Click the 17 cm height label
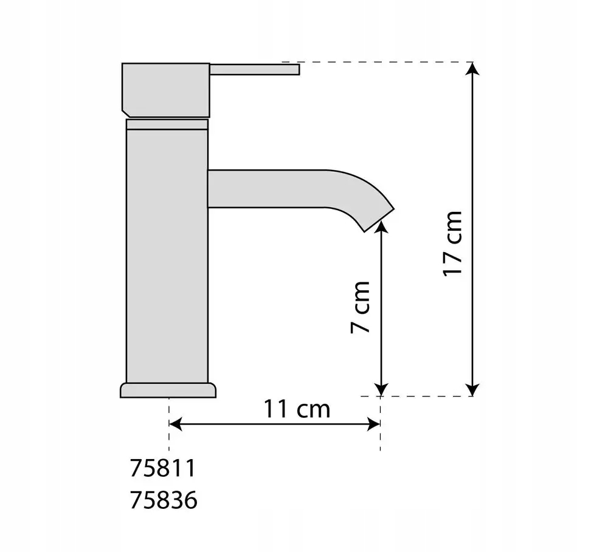click(452, 244)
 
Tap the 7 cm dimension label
click(360, 307)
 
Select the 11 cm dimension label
click(297, 409)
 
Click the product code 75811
click(163, 468)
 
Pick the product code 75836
click(163, 500)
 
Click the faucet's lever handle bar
click(255, 69)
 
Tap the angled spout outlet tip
click(379, 220)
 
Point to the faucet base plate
click(168, 390)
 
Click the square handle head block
click(166, 90)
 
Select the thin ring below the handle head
click(167, 124)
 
